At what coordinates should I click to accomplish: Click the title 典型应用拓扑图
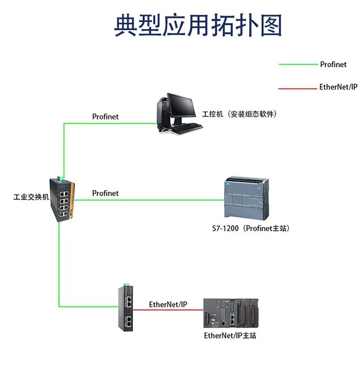point(198,25)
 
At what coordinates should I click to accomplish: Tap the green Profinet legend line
point(298,64)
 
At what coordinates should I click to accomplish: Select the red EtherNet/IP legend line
point(298,88)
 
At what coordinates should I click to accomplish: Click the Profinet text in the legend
point(333,64)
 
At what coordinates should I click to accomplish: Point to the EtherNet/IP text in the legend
point(338,87)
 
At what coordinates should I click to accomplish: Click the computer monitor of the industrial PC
point(181,107)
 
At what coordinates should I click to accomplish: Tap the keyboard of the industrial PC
point(187,128)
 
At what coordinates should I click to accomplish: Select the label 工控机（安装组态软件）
point(240,114)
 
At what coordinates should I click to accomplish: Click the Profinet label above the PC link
point(105,117)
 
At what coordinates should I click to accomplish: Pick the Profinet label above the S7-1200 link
point(105,193)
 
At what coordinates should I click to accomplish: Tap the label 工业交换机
point(31,197)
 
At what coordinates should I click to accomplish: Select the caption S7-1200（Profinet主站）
point(251,228)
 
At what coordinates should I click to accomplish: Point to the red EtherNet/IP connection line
point(168,310)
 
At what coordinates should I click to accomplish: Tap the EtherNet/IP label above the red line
point(168,304)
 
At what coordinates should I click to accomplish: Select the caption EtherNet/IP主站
point(230,335)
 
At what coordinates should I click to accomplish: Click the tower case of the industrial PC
point(163,114)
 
